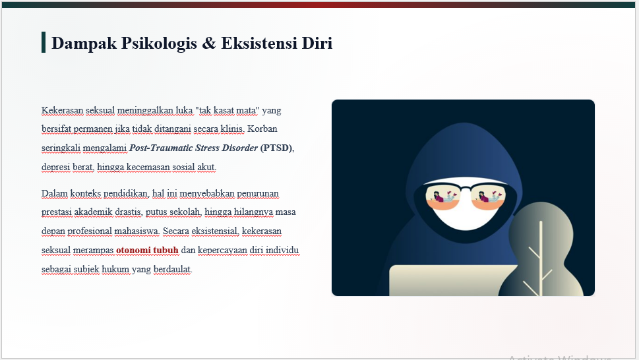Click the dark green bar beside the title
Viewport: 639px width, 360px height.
pos(44,42)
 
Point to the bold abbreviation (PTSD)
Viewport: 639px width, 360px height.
pos(277,148)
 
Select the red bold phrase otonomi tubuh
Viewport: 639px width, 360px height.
pos(148,250)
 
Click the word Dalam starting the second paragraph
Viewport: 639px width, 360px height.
pos(55,193)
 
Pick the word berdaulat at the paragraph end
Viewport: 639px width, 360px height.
pos(173,269)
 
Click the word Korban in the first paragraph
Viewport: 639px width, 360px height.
pos(262,129)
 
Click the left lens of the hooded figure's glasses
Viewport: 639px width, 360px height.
pos(443,198)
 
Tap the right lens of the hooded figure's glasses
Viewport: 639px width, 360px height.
pos(488,198)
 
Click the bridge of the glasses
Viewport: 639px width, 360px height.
pos(466,188)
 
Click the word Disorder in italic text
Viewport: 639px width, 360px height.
pos(239,148)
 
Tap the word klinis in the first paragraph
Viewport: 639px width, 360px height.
pos(232,129)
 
